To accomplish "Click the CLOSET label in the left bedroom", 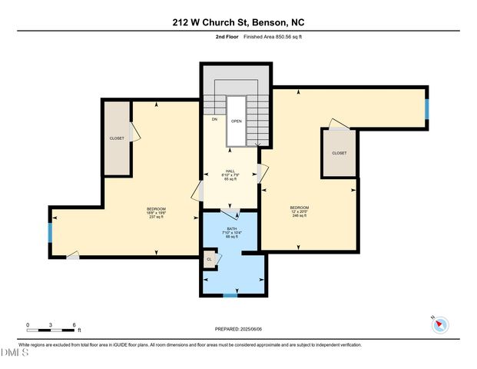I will pos(117,138).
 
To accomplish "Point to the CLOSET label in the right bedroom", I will pos(339,153).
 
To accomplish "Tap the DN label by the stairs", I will pos(214,119).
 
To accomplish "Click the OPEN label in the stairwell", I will pos(237,121).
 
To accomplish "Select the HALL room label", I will pos(230,171).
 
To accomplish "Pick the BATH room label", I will pos(231,228).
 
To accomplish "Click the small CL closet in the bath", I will pos(209,260).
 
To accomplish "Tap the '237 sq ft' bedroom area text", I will pos(156,218).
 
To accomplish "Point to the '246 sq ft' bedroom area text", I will pos(299,216).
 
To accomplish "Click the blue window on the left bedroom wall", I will pos(51,232).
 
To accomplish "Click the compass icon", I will pos(439,324).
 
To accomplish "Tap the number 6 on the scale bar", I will pos(74,325).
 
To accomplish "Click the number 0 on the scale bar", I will pos(28,325).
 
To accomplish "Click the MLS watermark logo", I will pos(15,353).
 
